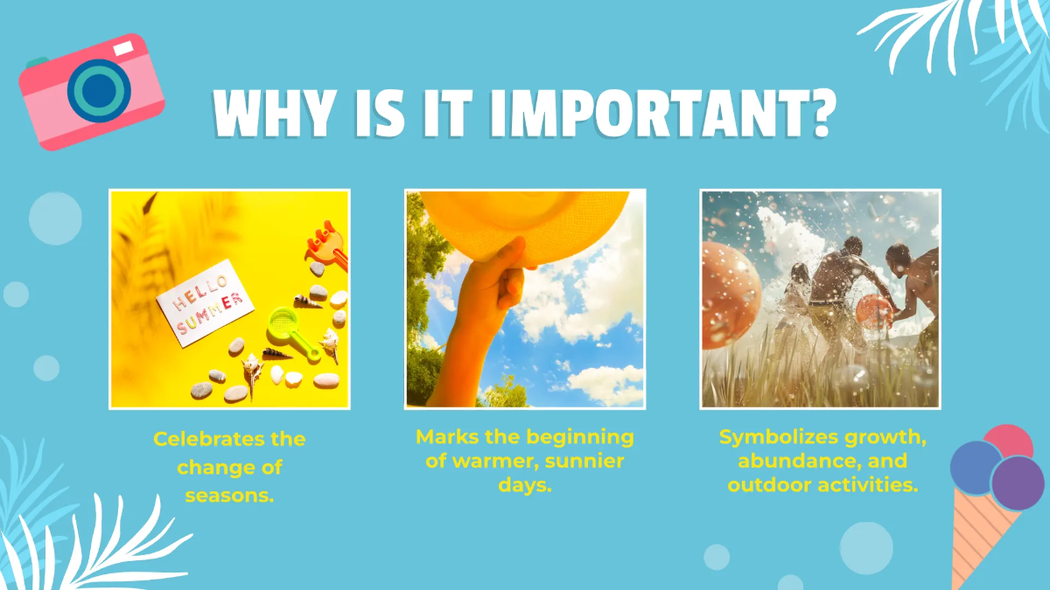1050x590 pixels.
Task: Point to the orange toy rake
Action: (326, 244)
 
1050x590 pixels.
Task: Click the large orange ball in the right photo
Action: (727, 294)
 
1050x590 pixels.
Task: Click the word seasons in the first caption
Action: (230, 496)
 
